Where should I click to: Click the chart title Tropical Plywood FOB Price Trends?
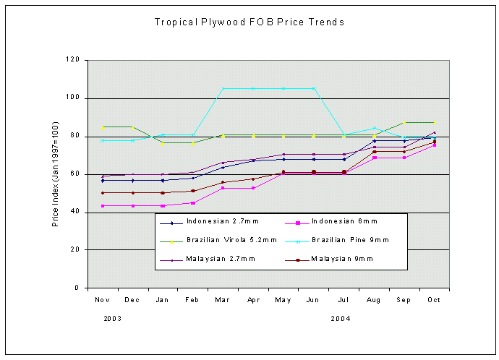pos(249,22)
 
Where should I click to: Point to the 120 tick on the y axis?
pos(72,60)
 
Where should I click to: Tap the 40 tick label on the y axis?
pos(74,212)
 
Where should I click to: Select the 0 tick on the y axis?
pos(77,288)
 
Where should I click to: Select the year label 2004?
pos(341,318)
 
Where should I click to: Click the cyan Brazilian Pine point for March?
pos(223,88)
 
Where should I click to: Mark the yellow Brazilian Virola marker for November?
pos(102,127)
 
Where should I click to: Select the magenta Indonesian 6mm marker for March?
pos(223,188)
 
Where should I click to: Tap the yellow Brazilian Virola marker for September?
pos(405,123)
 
